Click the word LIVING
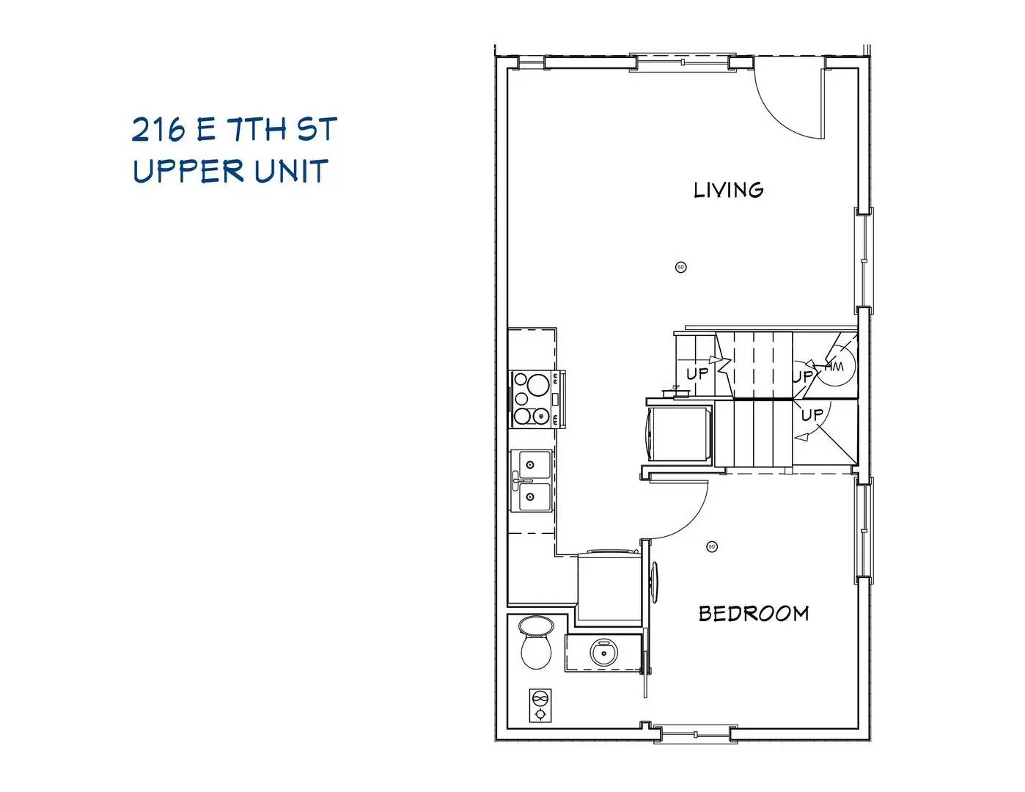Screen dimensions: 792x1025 pyautogui.click(x=728, y=190)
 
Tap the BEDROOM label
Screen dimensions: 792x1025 pyautogui.click(x=753, y=613)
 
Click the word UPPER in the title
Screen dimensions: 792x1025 pyautogui.click(x=188, y=171)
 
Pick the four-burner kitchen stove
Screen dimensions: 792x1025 pyautogui.click(x=534, y=400)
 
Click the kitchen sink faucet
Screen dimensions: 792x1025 pyautogui.click(x=517, y=482)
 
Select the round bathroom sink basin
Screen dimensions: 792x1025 pyautogui.click(x=604, y=652)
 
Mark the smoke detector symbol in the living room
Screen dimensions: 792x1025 pyautogui.click(x=680, y=267)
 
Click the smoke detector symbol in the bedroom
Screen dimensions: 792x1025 pyautogui.click(x=711, y=546)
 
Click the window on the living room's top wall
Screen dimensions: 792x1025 pyautogui.click(x=682, y=62)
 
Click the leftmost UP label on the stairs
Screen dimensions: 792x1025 pyautogui.click(x=697, y=373)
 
